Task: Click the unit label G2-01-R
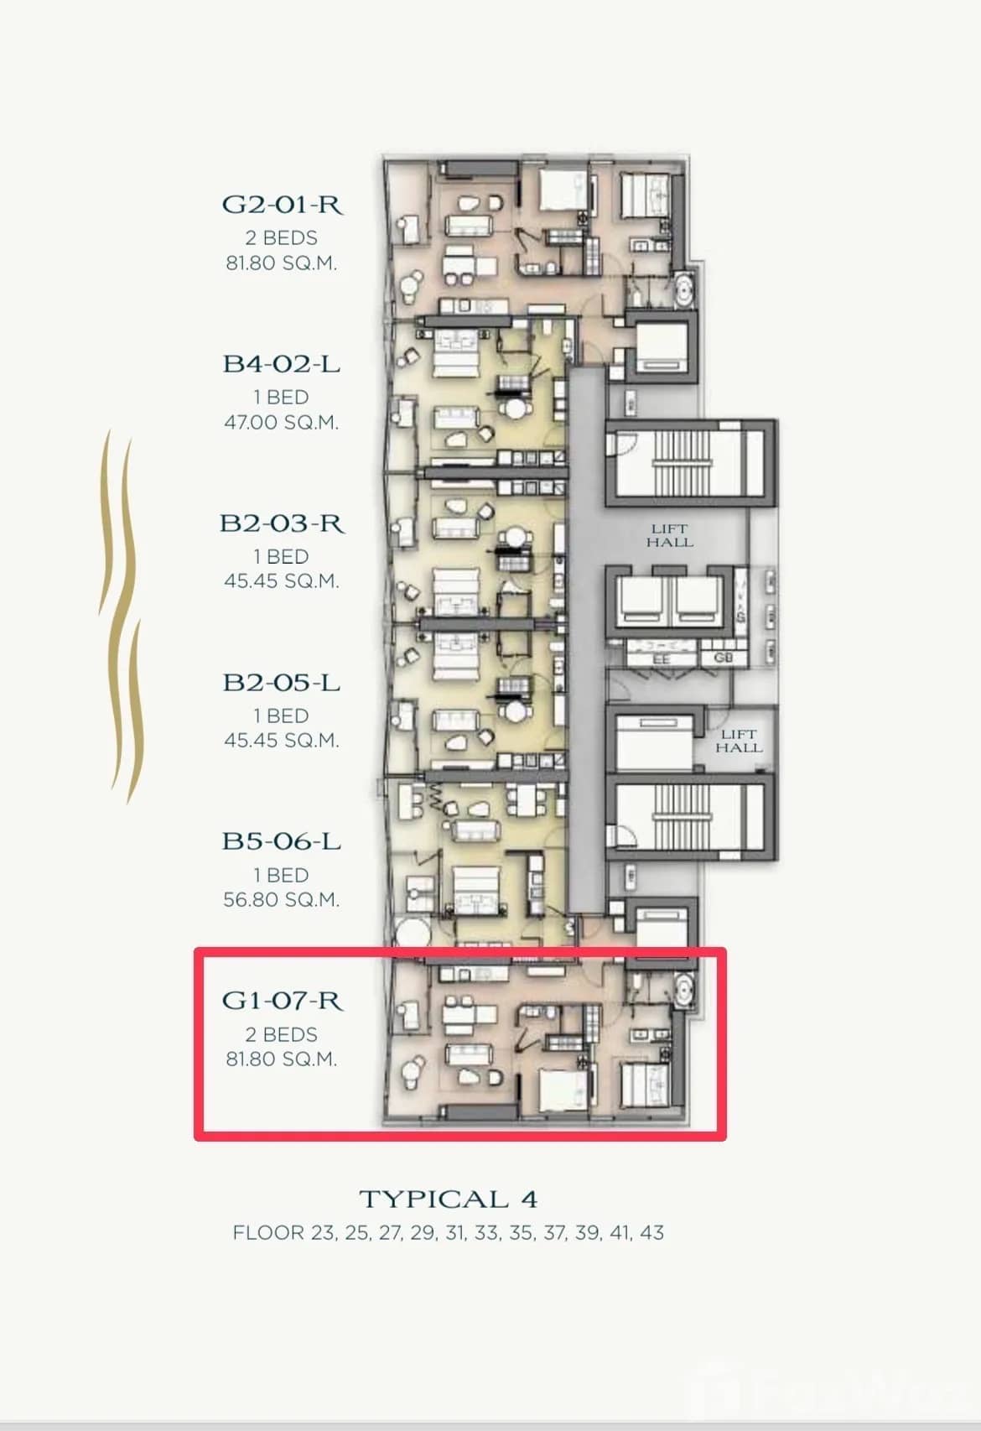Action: click(x=283, y=205)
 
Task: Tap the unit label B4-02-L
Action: click(x=282, y=364)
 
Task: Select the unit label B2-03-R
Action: click(x=282, y=523)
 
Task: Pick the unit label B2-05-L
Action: click(x=282, y=683)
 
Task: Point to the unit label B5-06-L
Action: click(x=282, y=841)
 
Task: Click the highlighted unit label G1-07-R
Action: click(x=282, y=1001)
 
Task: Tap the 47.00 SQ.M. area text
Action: click(x=282, y=422)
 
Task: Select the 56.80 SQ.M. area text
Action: click(x=282, y=900)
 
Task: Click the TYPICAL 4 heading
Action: click(x=448, y=1199)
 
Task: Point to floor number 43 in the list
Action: click(x=651, y=1233)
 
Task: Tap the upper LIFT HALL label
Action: click(x=669, y=535)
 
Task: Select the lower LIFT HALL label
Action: click(x=739, y=741)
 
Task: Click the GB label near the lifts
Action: click(x=724, y=658)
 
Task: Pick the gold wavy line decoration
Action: click(x=120, y=617)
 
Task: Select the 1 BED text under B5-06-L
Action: click(x=282, y=875)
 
